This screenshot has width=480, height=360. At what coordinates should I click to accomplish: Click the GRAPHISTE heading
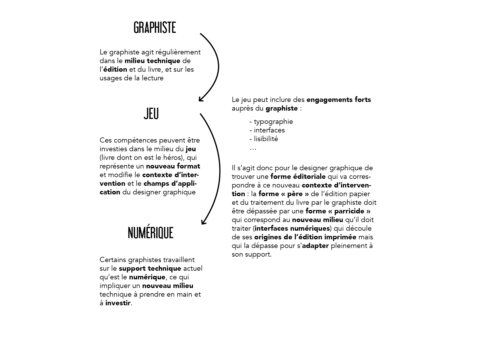[x=155, y=28]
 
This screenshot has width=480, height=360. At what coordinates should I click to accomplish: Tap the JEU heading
[x=151, y=114]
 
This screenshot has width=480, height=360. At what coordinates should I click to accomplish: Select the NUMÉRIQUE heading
[x=151, y=233]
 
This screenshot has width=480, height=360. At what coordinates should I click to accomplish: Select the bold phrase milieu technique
[x=152, y=61]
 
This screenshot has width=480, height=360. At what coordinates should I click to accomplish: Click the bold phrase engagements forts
[x=339, y=100]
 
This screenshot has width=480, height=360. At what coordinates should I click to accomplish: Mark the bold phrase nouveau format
[x=173, y=166]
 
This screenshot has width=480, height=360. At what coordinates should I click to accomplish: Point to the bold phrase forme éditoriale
[x=298, y=176]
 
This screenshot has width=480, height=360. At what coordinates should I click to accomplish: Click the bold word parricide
[x=349, y=211]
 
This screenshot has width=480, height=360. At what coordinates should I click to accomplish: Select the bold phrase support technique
[x=150, y=268]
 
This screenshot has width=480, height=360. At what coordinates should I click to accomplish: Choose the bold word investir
[x=118, y=303]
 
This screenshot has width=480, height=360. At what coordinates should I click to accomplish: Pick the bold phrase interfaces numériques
[x=292, y=228]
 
